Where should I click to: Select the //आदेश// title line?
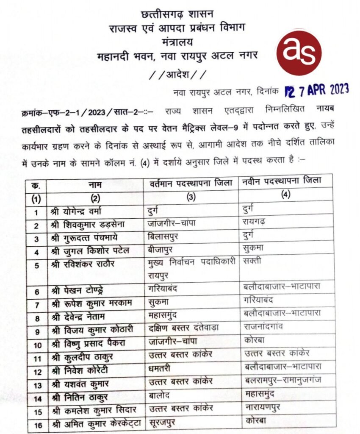click(178, 75)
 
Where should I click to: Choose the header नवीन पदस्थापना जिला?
click(282, 181)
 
